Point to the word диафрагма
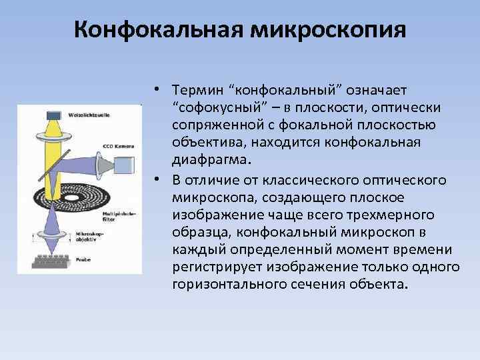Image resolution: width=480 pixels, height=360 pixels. (x=209, y=159)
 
